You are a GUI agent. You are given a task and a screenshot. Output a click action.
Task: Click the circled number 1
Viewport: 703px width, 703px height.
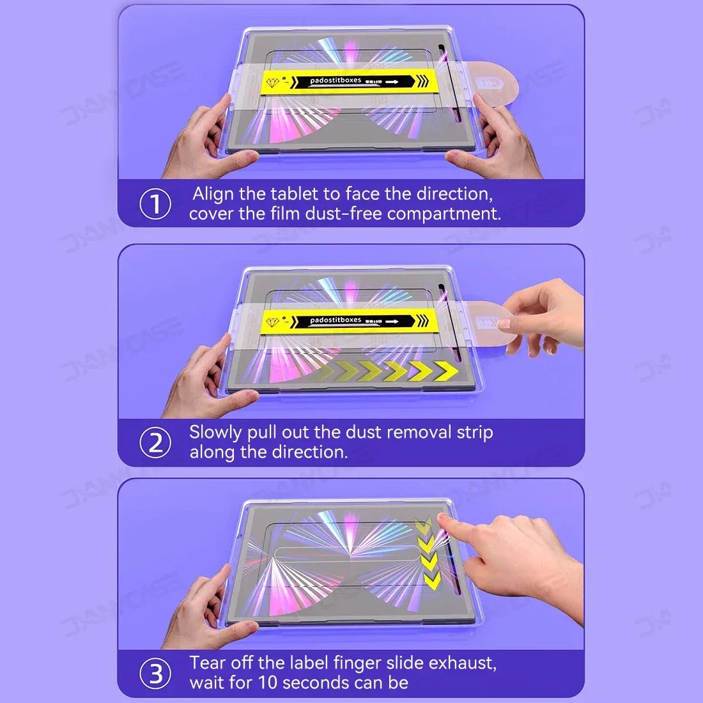coord(155,204)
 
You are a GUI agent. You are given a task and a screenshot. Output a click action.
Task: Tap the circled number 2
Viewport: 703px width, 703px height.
coord(155,443)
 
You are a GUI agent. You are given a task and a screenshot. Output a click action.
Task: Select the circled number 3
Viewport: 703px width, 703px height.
coord(155,674)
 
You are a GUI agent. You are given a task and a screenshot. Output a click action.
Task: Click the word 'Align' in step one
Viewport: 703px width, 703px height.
coord(213,194)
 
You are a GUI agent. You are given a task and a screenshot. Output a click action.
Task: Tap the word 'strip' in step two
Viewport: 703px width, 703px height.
coord(474,433)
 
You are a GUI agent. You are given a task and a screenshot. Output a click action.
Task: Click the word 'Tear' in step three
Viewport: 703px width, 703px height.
coord(207,663)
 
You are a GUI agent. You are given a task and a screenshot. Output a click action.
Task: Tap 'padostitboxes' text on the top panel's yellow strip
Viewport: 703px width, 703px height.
coord(336,81)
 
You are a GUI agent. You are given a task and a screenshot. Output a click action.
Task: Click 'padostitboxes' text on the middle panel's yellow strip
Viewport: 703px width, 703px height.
coord(336,320)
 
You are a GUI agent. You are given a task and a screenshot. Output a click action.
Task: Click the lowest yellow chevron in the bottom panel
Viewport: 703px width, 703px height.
coord(432,580)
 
